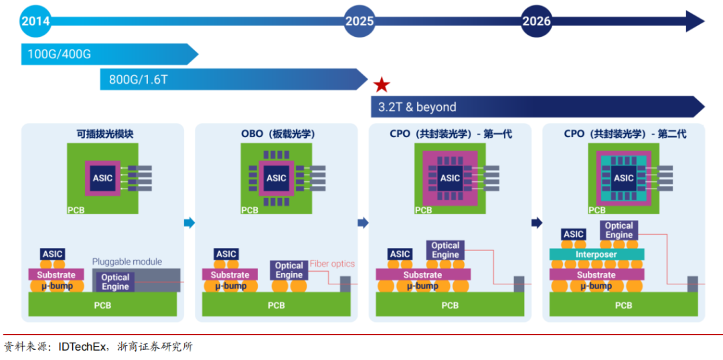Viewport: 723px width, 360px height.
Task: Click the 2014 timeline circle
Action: point(35,21)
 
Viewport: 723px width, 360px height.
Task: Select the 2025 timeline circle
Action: point(359,21)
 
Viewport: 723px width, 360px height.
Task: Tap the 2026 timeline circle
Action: point(536,21)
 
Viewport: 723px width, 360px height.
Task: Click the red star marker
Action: point(382,84)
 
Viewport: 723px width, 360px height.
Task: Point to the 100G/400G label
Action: point(60,54)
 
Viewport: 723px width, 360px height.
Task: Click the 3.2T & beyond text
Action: point(417,107)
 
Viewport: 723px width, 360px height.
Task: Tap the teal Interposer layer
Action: point(596,254)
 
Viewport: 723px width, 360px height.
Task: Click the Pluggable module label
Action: point(127,262)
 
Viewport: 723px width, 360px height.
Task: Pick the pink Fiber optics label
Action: point(332,264)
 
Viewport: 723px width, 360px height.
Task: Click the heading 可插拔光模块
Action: point(104,134)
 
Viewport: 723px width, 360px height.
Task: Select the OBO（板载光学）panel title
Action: point(278,134)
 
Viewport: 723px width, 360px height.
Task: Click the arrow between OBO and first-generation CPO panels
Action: point(363,223)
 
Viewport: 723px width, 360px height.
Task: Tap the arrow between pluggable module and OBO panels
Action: point(189,223)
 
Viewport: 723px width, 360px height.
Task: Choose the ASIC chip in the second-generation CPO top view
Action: point(624,178)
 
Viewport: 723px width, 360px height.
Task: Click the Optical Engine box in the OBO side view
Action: point(289,270)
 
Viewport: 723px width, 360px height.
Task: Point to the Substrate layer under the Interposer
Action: point(596,274)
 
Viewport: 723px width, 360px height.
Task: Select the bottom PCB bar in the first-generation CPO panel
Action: point(450,305)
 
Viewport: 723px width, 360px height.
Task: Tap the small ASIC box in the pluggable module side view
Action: point(53,254)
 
